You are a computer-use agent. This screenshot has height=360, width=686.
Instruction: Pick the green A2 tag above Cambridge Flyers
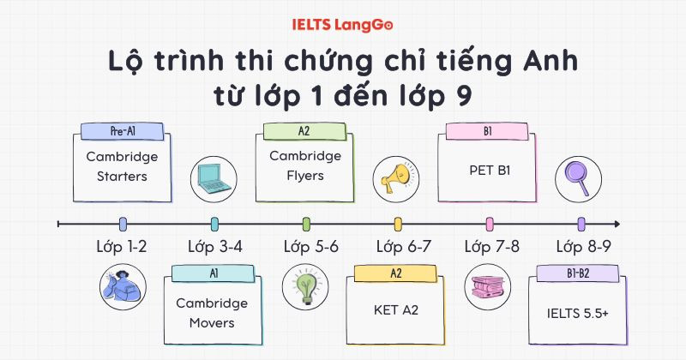coord(304,131)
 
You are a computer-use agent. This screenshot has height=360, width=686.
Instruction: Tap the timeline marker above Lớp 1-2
coord(123,224)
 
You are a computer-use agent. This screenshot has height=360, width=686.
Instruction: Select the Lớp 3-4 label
coord(214,247)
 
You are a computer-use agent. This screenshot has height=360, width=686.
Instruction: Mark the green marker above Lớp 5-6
coord(306,224)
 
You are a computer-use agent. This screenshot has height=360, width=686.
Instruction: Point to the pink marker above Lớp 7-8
coord(489,224)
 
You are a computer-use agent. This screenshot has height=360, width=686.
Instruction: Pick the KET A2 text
coord(395,309)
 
